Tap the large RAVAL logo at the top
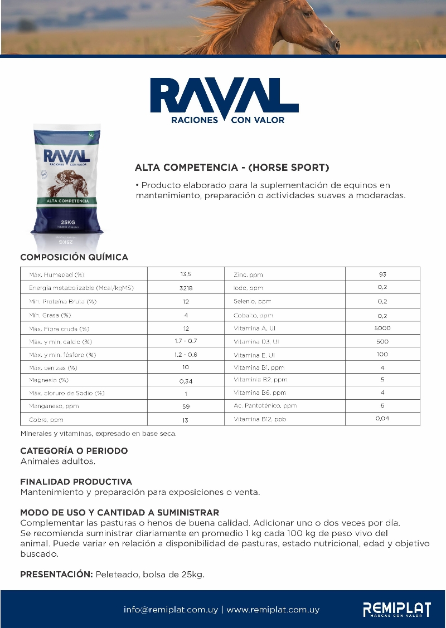point(225,100)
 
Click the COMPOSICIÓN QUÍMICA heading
point(74,257)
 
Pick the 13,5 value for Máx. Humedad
point(186,274)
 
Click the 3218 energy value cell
point(186,288)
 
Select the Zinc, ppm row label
point(248,274)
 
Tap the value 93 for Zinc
point(382,274)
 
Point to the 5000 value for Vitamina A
point(382,328)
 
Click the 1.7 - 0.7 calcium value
point(186,341)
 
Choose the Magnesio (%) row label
point(49,380)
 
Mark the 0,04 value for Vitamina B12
point(382,419)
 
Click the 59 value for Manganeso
point(186,406)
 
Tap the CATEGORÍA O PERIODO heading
point(74,450)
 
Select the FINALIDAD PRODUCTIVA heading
point(76,482)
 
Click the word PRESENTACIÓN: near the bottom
point(56,574)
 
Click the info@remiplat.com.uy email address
point(171,610)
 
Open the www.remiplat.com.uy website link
point(273,610)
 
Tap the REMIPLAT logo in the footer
point(396,610)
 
